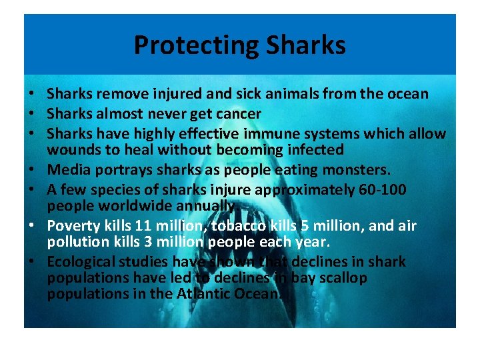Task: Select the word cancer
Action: click(238, 114)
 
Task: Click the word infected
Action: click(311, 150)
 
